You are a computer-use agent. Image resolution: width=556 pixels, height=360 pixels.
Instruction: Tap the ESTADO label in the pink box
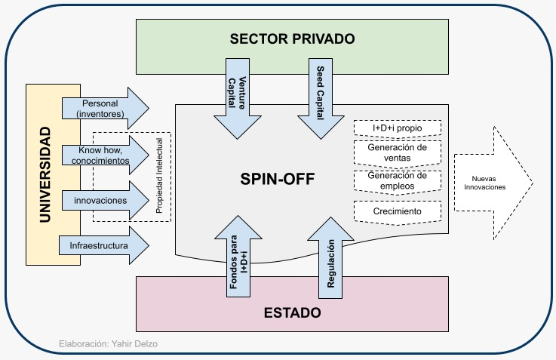tap(292, 312)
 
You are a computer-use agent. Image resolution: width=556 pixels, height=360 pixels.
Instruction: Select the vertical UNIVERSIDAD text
tap(45, 174)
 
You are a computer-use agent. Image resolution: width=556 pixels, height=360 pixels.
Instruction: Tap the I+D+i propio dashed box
tap(398, 128)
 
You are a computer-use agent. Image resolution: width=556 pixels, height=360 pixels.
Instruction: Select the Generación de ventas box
tap(398, 154)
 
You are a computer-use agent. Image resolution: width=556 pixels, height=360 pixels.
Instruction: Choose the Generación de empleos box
tap(398, 182)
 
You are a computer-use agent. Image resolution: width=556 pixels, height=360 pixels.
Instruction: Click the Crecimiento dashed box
tap(398, 212)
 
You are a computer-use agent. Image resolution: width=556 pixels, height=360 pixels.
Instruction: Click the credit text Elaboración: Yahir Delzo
tap(109, 344)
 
